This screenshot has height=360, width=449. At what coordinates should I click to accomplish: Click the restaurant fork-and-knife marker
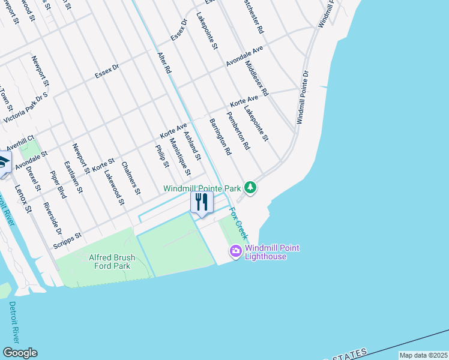click(x=202, y=202)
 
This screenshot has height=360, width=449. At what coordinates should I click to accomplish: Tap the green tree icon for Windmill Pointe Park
click(x=250, y=188)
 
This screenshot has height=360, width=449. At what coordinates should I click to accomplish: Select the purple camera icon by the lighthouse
click(x=236, y=251)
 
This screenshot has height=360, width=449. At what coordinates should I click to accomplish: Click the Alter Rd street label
click(x=164, y=63)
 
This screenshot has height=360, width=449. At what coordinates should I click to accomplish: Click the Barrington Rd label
click(x=220, y=137)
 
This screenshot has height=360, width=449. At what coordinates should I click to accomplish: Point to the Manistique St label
click(x=179, y=157)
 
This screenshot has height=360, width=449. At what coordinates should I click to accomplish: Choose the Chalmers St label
click(x=131, y=178)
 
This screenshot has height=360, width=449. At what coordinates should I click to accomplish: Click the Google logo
click(x=20, y=353)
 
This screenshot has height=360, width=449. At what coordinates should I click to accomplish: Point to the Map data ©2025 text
click(x=423, y=355)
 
